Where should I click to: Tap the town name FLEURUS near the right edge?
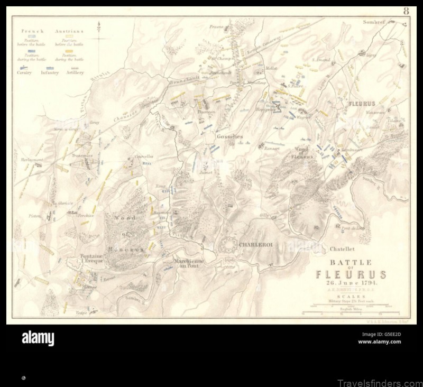click(362, 104)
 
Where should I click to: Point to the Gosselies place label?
click(229, 136)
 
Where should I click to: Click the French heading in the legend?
click(32, 31)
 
